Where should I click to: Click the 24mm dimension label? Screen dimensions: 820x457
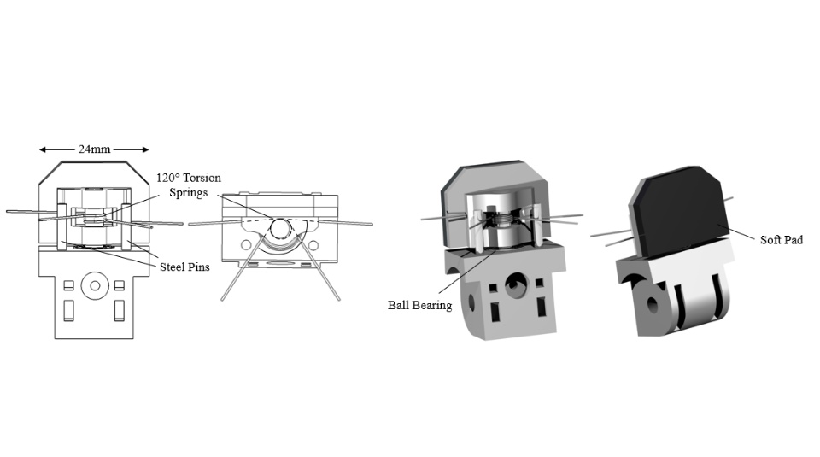(x=95, y=149)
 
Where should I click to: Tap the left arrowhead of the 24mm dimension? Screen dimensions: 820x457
(x=43, y=149)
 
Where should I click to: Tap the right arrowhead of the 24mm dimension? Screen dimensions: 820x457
(x=146, y=149)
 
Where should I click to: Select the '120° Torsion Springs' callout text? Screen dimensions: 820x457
(x=189, y=185)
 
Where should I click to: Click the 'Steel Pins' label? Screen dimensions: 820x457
(x=184, y=267)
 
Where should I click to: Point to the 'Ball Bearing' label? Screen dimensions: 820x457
(x=420, y=305)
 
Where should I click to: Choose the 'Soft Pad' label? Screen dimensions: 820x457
(x=782, y=240)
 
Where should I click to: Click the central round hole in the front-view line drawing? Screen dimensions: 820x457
(x=95, y=285)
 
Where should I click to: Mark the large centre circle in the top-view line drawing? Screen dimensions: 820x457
(x=280, y=228)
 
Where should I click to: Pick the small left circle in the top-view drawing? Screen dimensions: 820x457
(x=245, y=244)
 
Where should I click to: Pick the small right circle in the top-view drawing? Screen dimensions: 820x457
(x=313, y=244)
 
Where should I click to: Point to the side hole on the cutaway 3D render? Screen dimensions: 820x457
(x=471, y=302)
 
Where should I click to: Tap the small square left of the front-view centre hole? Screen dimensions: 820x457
(x=68, y=285)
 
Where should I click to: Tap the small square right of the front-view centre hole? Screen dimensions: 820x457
(x=120, y=285)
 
